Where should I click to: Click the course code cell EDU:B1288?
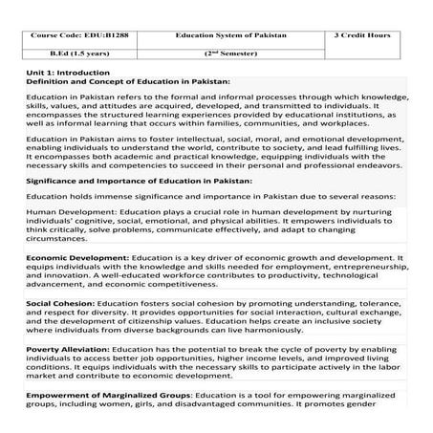point(73,33)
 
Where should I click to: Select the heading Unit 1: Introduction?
point(67,74)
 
